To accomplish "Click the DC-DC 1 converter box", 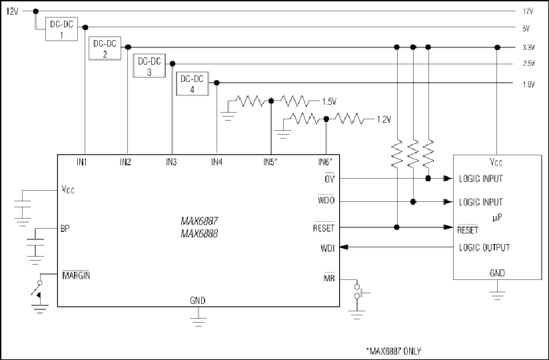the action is [61, 29].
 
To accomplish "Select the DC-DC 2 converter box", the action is [105, 48].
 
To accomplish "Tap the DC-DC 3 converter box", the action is [149, 65].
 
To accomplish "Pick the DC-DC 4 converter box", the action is [193, 84].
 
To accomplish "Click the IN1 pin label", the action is [81, 162].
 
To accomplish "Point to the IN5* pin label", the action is [271, 162].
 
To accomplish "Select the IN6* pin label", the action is [325, 162].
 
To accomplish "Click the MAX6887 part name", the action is [199, 221].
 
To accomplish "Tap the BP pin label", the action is [65, 229].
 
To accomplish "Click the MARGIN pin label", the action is [76, 275].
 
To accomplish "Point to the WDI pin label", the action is [328, 248].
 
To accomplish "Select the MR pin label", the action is [329, 278].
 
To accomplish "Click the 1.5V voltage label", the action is [330, 101].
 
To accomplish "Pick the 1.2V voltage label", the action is [384, 119].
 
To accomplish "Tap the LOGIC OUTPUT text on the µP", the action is [484, 247].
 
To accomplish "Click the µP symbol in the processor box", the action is [497, 218].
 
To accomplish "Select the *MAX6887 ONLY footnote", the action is [394, 351].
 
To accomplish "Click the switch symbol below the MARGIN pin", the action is [37, 289].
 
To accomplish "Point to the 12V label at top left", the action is [12, 11].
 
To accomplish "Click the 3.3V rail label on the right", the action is [529, 47].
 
